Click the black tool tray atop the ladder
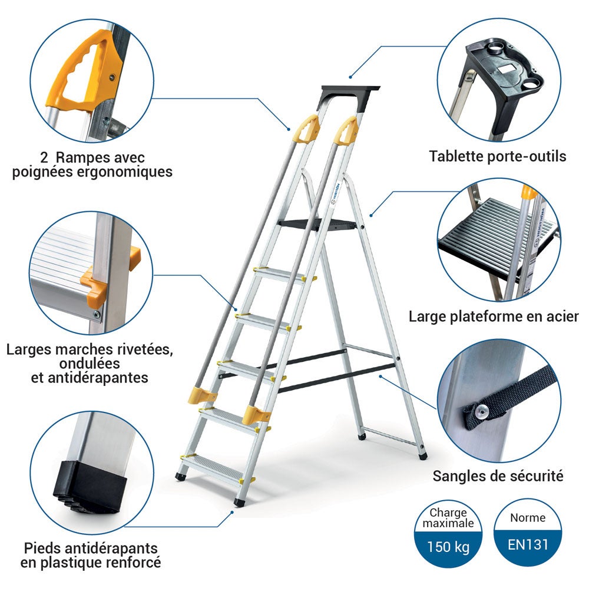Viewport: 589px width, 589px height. coord(349,93)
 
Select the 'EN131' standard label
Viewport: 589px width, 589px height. coord(528,544)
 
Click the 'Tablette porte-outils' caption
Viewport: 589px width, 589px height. coord(497,157)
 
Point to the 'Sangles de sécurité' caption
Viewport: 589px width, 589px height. coord(498,475)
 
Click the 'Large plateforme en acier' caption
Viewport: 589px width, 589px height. coord(494,317)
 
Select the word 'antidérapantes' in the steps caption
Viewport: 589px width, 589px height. coord(89,378)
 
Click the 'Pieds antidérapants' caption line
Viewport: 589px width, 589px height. coord(91,548)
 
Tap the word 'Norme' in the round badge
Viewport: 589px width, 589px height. coord(528,518)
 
